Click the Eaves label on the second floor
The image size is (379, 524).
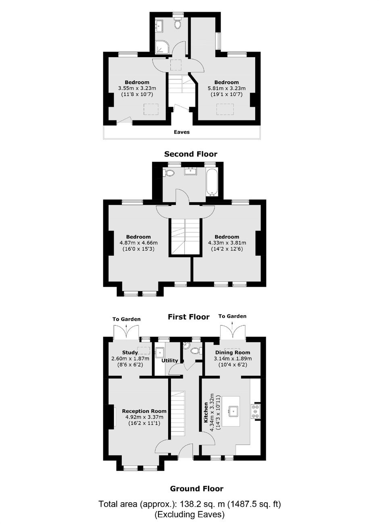(181, 132)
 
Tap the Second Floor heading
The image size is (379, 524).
(191, 154)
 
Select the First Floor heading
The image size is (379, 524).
(189, 317)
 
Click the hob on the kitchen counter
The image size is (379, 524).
(256, 411)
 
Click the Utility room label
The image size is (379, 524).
(170, 361)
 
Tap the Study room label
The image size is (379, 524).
(130, 352)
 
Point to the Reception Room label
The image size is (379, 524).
(144, 411)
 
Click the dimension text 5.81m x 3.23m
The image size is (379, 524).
(227, 89)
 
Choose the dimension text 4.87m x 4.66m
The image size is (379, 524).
(138, 243)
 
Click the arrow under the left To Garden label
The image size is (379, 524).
(126, 326)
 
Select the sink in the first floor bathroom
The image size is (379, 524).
(191, 172)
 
